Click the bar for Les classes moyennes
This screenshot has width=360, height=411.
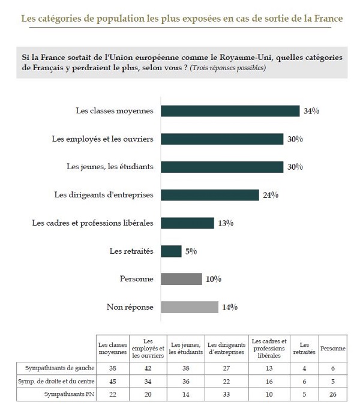pos(230,111)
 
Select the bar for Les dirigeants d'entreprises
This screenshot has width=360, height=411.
pos(210,195)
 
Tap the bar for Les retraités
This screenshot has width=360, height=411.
pos(171,251)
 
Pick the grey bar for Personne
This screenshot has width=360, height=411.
pos(181,279)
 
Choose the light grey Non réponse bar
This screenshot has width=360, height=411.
pos(190,307)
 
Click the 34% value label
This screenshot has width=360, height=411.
pos(311,111)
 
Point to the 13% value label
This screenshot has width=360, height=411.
pos(226,223)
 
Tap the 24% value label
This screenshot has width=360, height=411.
pos(271,195)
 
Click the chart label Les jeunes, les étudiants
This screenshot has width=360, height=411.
pos(110,167)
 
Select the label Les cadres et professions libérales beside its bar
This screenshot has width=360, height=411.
pos(92,223)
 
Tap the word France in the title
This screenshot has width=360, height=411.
pos(329,19)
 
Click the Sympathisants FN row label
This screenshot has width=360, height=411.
pos(69,394)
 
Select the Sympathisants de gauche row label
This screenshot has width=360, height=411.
pos(60,368)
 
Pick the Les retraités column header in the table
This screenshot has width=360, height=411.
pos(304,349)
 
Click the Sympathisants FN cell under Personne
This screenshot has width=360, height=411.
pos(333,394)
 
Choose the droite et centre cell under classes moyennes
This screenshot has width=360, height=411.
pos(113,382)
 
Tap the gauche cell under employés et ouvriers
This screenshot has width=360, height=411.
pos(148,368)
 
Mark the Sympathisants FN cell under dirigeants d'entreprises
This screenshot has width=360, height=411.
pos(226,394)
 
